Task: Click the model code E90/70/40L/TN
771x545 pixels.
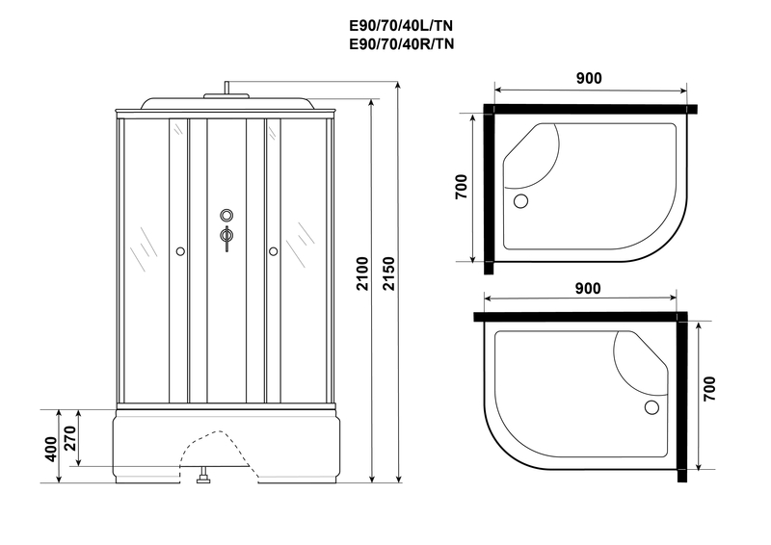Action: coord(401,25)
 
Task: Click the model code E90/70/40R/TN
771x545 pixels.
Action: coord(401,44)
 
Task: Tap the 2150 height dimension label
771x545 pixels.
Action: coord(388,273)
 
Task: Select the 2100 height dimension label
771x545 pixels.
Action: coord(362,273)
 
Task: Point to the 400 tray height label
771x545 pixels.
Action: coord(51,449)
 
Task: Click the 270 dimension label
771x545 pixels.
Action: coord(70,438)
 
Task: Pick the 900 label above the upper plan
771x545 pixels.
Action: coord(589,78)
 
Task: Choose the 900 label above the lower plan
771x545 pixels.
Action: coord(588,288)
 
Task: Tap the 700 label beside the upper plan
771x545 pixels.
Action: coord(462,187)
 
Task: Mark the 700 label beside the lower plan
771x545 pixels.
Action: coord(709,389)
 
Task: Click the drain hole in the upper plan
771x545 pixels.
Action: coord(520,201)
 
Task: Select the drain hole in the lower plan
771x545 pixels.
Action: coord(651,407)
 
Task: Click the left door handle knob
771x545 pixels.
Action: coord(180,251)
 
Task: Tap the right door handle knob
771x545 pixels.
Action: coord(273,251)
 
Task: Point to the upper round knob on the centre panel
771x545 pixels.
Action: coord(226,215)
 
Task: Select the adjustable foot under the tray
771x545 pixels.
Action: coord(203,477)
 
